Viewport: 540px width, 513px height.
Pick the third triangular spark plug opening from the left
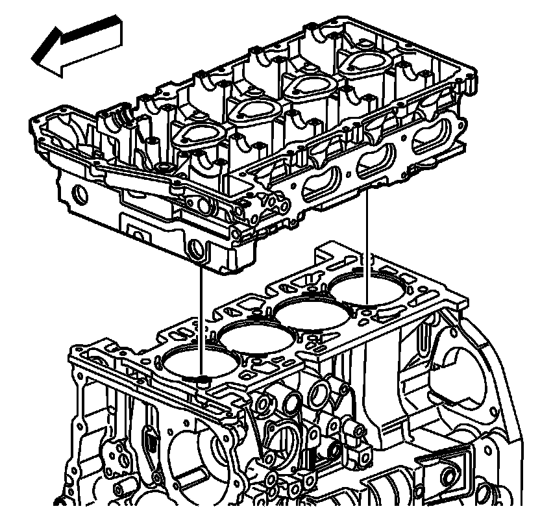[x=304, y=85]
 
